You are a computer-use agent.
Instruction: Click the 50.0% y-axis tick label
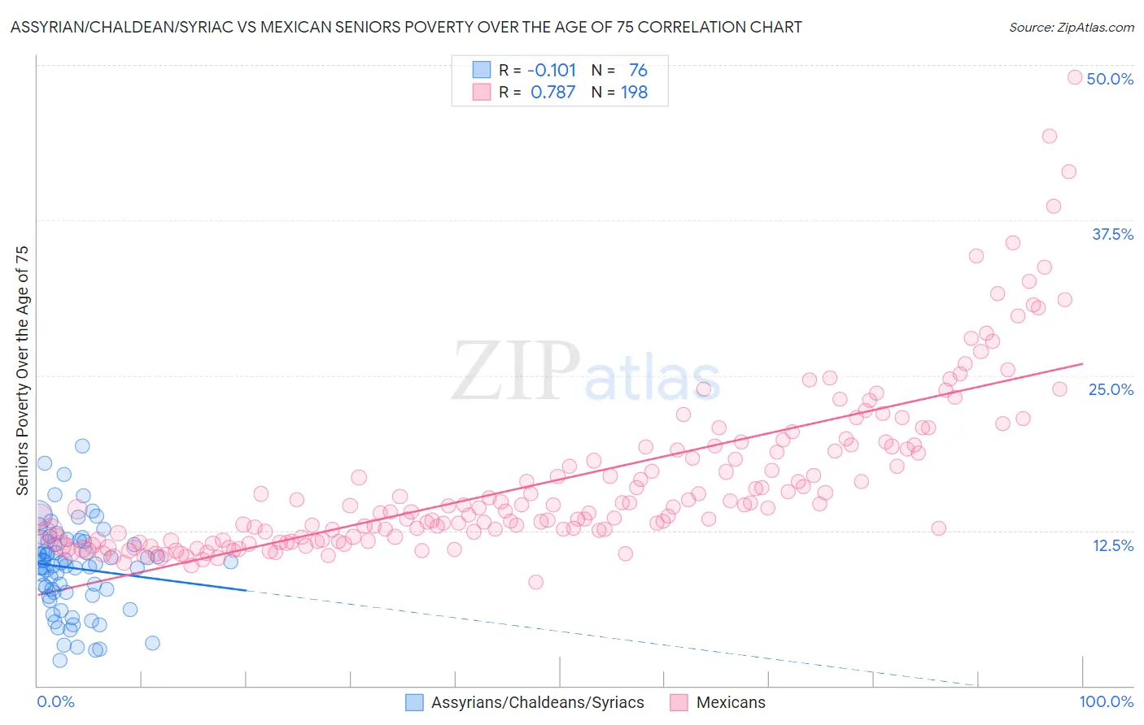tap(1110, 79)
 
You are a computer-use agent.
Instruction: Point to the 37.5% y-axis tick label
tap(1112, 234)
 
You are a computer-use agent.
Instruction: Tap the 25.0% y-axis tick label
tap(1111, 389)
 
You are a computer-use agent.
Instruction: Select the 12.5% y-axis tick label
tap(1112, 545)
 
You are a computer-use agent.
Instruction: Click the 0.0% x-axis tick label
tap(55, 701)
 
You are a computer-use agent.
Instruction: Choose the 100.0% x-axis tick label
tap(1106, 701)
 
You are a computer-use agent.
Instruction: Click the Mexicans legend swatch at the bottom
tap(679, 702)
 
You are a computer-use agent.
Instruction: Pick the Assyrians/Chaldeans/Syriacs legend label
tap(537, 702)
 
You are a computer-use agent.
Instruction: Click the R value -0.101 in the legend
tap(552, 70)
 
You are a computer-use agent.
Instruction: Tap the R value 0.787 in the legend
tap(552, 92)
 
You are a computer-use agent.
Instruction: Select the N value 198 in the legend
tap(634, 92)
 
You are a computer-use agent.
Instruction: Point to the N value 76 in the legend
tap(638, 70)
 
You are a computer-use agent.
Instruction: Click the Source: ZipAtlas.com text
tap(1071, 27)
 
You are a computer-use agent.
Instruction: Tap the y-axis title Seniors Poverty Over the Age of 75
tap(22, 370)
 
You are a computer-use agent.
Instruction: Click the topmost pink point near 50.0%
tap(1074, 77)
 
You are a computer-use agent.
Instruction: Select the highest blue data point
tap(82, 445)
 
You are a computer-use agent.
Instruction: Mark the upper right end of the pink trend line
tap(1083, 363)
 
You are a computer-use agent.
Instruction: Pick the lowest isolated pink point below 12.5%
tap(535, 582)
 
